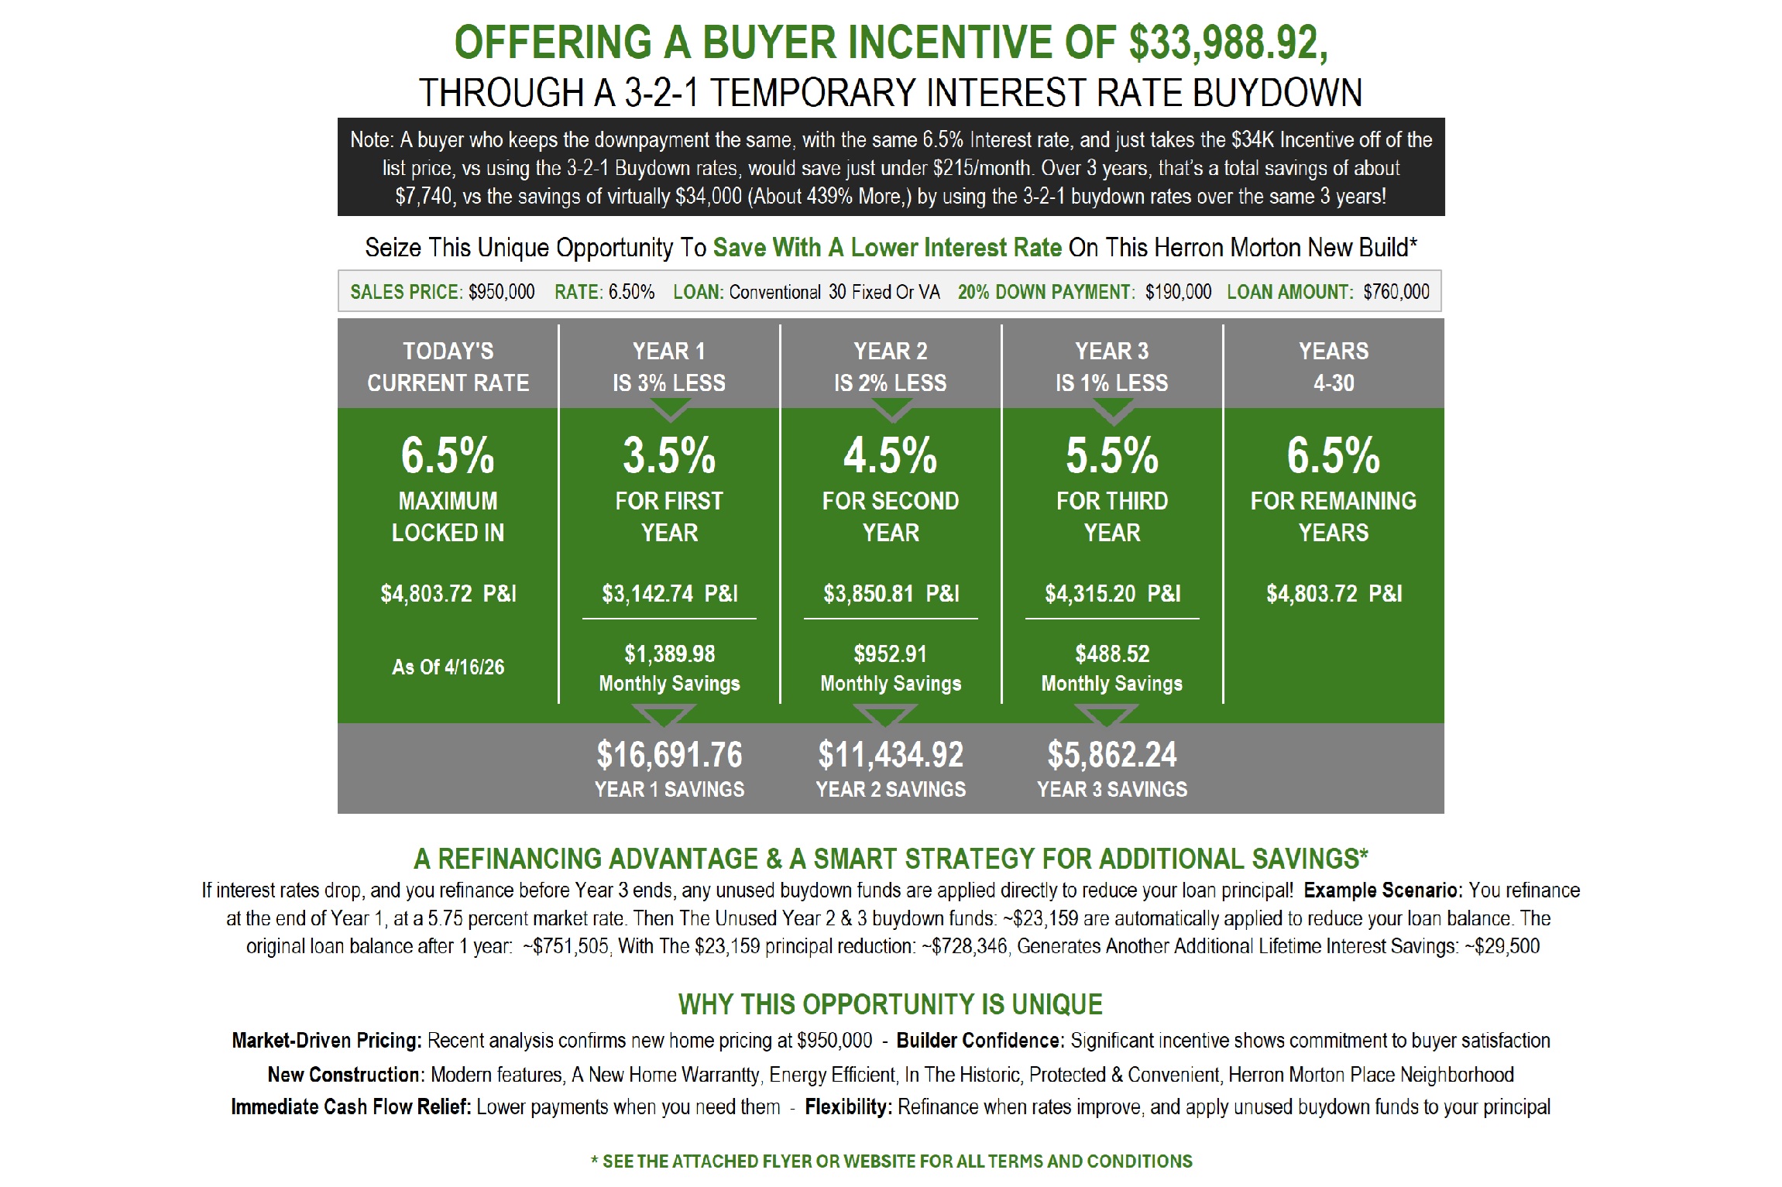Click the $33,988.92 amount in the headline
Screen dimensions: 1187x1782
click(1228, 43)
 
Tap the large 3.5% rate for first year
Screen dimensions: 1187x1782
click(669, 455)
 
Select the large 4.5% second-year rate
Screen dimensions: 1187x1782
click(891, 455)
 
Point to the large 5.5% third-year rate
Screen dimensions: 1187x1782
click(1112, 455)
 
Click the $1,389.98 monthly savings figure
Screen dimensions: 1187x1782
click(669, 654)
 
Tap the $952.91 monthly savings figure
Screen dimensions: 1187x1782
click(891, 654)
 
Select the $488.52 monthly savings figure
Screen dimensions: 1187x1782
click(1112, 654)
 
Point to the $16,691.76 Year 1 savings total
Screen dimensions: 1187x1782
click(669, 755)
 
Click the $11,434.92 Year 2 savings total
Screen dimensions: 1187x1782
click(891, 755)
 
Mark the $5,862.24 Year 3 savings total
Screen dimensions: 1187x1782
click(1112, 755)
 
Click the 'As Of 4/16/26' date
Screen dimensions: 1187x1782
click(448, 667)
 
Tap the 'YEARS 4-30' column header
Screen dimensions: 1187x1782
click(1334, 367)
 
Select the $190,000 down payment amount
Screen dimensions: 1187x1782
click(1178, 292)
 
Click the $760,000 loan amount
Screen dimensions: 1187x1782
click(1396, 292)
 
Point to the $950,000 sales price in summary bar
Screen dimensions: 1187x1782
click(501, 292)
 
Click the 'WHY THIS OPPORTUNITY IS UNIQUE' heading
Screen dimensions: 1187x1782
click(891, 1004)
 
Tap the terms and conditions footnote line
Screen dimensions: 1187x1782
click(891, 1161)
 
